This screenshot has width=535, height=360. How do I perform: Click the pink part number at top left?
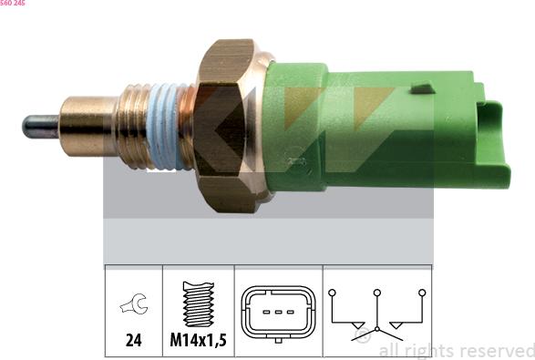(x=12, y=3)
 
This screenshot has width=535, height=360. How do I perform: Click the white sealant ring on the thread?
(x=163, y=127)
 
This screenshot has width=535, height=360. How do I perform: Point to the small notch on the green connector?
(x=422, y=88)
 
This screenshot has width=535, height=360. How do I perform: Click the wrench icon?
(x=134, y=303)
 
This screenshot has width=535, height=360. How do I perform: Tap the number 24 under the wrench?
(x=133, y=340)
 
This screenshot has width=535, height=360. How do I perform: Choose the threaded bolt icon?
(x=199, y=303)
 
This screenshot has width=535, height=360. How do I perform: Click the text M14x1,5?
(x=199, y=340)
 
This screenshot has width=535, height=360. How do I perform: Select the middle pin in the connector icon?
(x=278, y=312)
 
